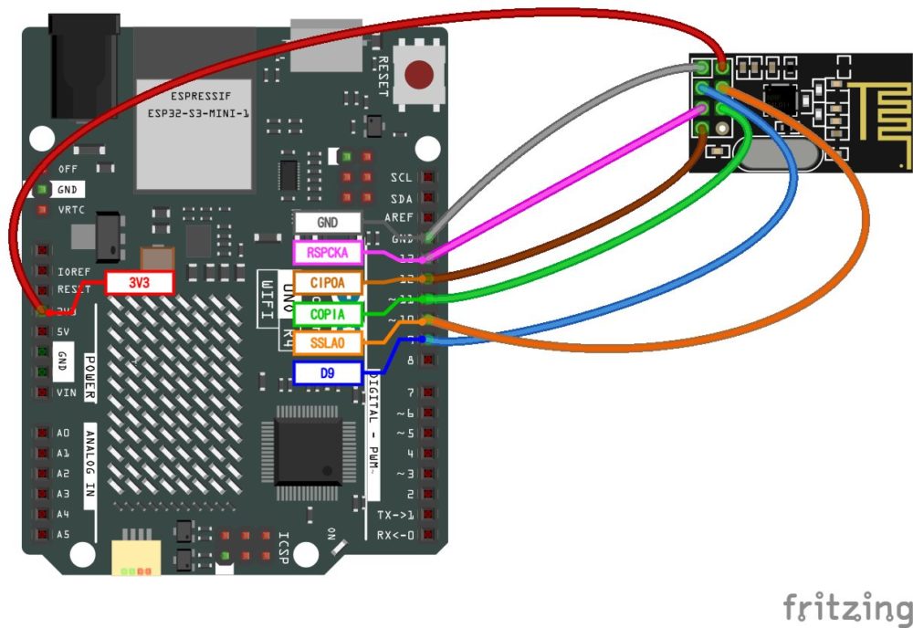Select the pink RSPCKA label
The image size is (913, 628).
point(327,252)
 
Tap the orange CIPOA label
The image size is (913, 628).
point(327,283)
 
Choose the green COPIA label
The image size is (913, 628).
point(327,313)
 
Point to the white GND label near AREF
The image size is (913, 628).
point(327,222)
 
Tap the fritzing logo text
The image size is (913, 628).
point(846,606)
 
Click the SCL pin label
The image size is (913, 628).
point(401,177)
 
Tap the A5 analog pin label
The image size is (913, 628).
point(63,535)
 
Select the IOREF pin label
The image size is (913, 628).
point(73,272)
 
